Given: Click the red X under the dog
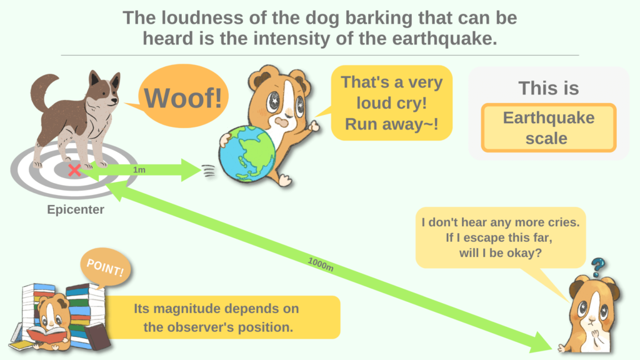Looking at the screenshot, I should point(74,170).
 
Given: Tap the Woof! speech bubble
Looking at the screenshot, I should point(183,98).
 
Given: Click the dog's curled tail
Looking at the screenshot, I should point(42,88).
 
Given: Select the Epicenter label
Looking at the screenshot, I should point(76,210).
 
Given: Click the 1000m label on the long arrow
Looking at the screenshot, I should point(321,264).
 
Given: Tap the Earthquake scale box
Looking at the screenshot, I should point(548,127).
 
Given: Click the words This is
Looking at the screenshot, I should point(548,88).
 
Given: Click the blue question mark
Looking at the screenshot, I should point(598,267).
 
